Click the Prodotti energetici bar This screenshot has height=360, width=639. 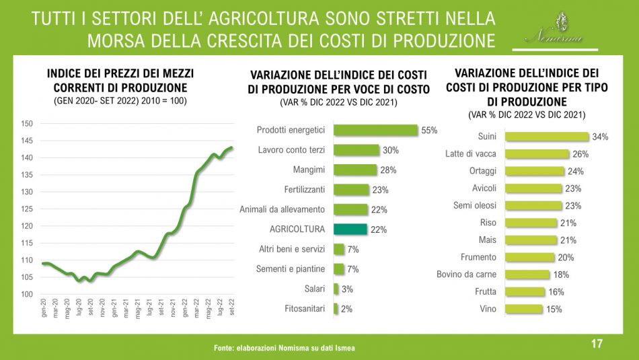coord(376,130)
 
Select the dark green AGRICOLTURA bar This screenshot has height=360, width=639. coord(350,229)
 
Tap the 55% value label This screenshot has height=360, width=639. coord(429,130)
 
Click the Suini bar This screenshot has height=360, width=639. coord(547,137)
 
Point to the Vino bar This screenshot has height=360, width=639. coord(523,309)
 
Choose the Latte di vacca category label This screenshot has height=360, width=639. coord(471,154)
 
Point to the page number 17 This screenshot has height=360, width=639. coord(596,344)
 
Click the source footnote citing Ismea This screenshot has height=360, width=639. coord(284,348)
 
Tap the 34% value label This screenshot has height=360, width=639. coord(600,137)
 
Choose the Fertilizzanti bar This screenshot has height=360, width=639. coord(352,190)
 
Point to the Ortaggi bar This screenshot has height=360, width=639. coord(534,171)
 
